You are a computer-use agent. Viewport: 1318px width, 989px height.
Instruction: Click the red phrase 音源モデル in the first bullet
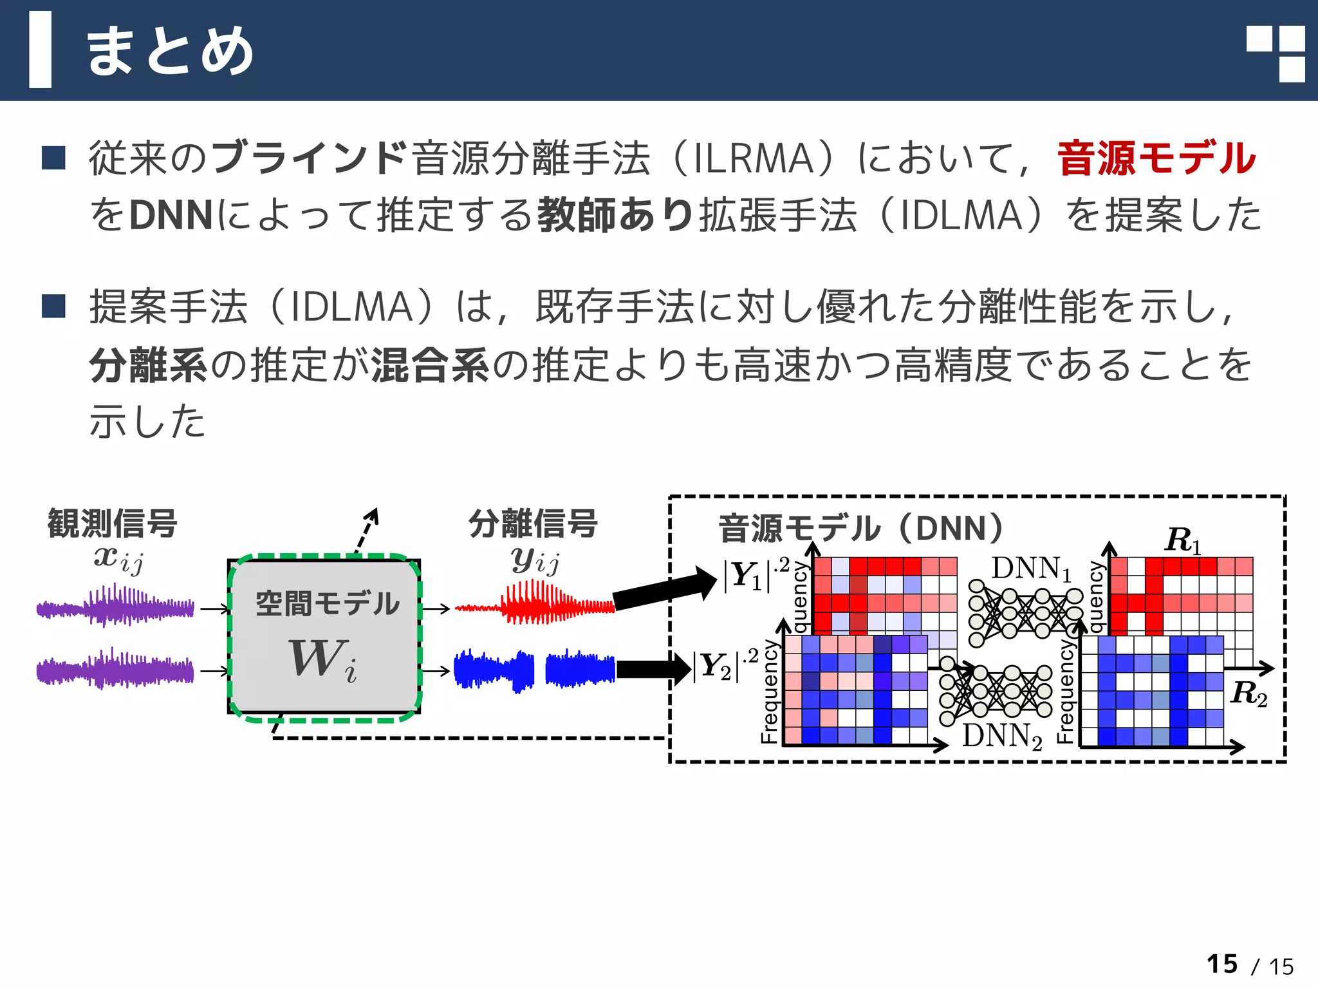click(x=1156, y=158)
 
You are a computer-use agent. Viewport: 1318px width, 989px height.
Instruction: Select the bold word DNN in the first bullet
click(x=171, y=215)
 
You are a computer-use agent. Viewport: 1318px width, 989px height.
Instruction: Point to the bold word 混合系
click(x=431, y=365)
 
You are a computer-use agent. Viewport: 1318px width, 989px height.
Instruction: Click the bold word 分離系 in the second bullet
click(x=148, y=365)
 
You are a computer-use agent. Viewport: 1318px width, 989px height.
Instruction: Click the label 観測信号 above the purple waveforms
click(x=113, y=523)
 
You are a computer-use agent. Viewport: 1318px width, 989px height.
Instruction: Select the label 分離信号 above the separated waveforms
click(x=533, y=523)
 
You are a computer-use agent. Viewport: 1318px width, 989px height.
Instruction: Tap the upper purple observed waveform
click(x=116, y=605)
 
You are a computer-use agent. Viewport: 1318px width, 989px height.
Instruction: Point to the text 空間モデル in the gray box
click(x=327, y=603)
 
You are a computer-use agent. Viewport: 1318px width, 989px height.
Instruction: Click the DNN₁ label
click(x=1030, y=569)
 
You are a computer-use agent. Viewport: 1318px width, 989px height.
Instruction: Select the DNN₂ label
click(x=1001, y=735)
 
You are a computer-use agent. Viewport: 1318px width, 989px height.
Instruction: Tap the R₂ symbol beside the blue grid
click(x=1248, y=693)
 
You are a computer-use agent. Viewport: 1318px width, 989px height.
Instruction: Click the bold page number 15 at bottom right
click(x=1222, y=964)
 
